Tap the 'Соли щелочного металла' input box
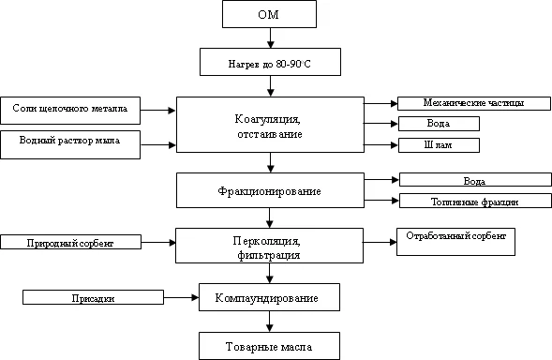point(70,110)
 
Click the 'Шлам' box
point(439,144)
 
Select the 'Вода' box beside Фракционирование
point(473,180)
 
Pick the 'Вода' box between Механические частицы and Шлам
point(439,124)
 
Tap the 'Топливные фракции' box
point(473,201)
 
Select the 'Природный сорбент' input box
point(70,243)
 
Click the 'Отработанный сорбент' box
point(455,241)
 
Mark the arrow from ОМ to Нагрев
point(269,38)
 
